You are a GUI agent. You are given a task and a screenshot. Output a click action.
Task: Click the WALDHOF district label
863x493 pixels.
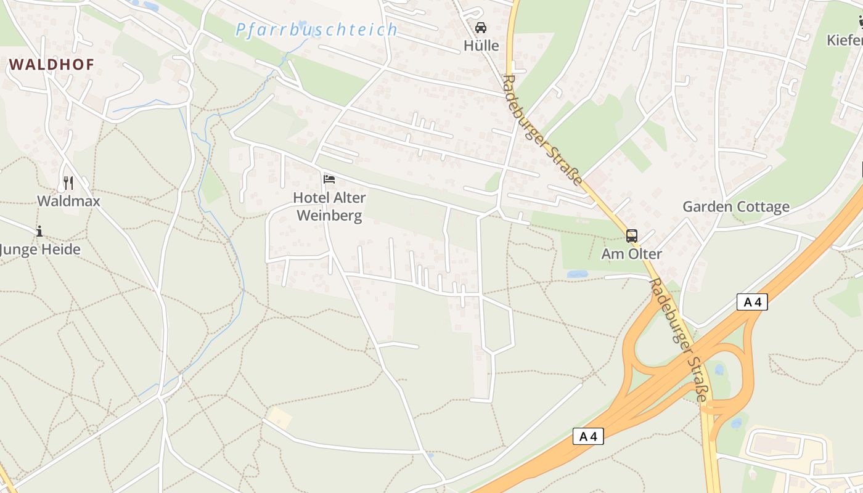click(x=52, y=64)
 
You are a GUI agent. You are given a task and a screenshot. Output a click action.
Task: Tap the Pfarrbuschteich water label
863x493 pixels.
click(x=316, y=29)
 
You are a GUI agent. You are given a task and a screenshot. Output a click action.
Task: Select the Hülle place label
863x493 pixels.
click(x=481, y=45)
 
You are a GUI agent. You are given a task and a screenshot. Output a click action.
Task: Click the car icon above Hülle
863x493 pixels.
click(x=481, y=28)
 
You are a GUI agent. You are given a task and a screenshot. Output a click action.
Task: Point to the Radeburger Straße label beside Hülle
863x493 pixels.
click(x=542, y=130)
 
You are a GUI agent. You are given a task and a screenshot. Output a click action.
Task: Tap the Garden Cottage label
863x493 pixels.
click(x=735, y=206)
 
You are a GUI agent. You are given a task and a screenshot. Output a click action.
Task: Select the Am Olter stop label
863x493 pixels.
click(x=632, y=253)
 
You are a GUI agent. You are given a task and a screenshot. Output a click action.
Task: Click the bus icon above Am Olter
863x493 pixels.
click(x=632, y=235)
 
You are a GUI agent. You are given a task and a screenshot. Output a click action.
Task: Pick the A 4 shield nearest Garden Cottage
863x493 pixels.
click(x=752, y=302)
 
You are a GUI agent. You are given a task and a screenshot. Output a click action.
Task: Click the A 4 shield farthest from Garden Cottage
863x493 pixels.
click(x=588, y=436)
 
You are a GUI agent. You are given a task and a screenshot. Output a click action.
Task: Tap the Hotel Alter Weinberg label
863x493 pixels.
click(x=329, y=206)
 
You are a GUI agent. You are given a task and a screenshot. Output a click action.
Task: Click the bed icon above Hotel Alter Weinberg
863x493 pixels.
click(x=329, y=179)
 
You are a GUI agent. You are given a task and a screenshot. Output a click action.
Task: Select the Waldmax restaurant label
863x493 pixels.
click(x=68, y=201)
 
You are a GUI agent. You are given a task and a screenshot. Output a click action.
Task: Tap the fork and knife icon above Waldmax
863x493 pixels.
click(x=68, y=182)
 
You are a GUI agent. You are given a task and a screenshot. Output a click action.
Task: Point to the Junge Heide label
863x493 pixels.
click(x=40, y=250)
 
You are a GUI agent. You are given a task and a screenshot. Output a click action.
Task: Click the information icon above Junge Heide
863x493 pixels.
click(x=39, y=231)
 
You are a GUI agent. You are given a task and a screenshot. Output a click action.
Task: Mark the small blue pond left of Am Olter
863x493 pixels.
click(x=577, y=274)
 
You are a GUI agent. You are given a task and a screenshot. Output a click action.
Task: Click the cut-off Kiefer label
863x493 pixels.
click(x=845, y=40)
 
